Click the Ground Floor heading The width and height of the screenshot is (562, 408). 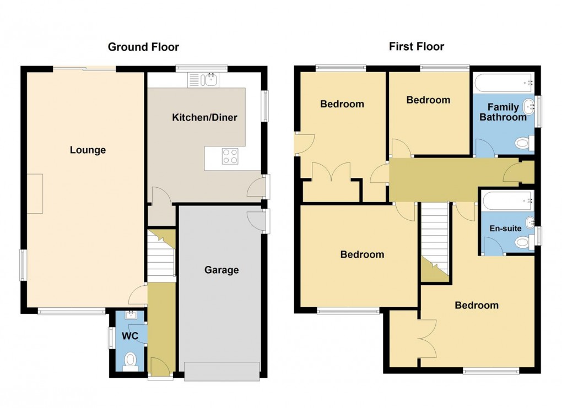pos(143,47)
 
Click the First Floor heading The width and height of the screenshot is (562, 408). pos(416,47)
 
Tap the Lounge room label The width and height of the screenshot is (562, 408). pos(88,150)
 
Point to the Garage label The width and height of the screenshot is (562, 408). pos(221,270)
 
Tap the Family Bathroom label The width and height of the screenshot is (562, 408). pos(502,112)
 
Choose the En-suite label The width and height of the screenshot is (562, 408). pos(506,228)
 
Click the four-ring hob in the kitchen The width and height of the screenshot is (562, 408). pos(230,157)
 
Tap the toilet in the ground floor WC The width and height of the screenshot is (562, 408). pos(131,361)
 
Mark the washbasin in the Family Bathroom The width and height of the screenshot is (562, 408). pos(528,106)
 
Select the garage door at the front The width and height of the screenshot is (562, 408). pos(221,371)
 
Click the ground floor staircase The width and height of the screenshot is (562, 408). pos(161,256)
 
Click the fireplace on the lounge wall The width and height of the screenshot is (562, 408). pos(35,193)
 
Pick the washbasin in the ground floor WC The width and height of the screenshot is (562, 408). pos(131,315)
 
